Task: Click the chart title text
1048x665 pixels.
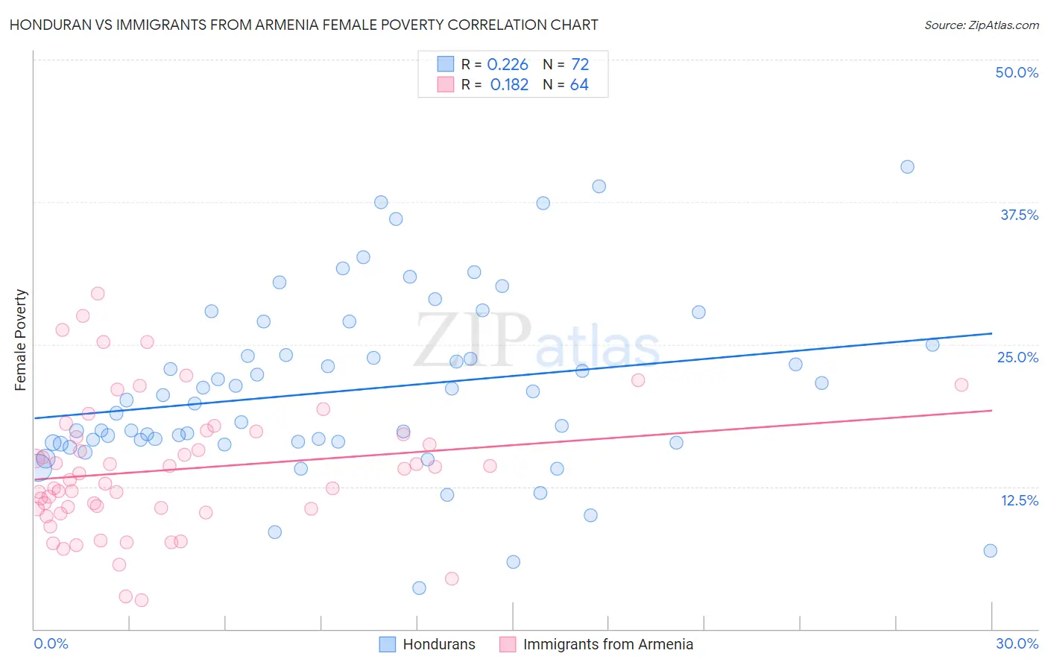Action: tap(303, 25)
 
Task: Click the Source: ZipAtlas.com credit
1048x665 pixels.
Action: tap(981, 25)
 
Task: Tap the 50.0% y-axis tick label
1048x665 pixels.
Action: tap(1017, 72)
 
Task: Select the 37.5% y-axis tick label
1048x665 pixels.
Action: tap(1019, 215)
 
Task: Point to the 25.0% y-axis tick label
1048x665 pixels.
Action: tap(1017, 357)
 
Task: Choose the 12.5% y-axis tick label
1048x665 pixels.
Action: tap(1019, 499)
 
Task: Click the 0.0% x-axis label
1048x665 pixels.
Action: tap(51, 643)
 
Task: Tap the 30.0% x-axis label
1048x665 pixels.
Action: tap(1017, 643)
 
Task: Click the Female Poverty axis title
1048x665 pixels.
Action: tap(21, 340)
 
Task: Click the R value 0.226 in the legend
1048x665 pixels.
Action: tap(508, 65)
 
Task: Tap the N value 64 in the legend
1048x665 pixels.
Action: tap(579, 85)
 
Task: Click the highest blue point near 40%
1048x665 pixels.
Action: tap(907, 167)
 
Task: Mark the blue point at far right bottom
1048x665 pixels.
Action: tap(990, 551)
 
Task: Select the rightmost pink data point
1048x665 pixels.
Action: tap(962, 385)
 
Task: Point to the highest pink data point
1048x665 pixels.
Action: tap(98, 294)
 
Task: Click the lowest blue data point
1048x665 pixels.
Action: tap(419, 588)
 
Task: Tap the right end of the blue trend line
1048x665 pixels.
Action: tap(991, 333)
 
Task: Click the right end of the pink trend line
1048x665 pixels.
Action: tap(991, 411)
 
